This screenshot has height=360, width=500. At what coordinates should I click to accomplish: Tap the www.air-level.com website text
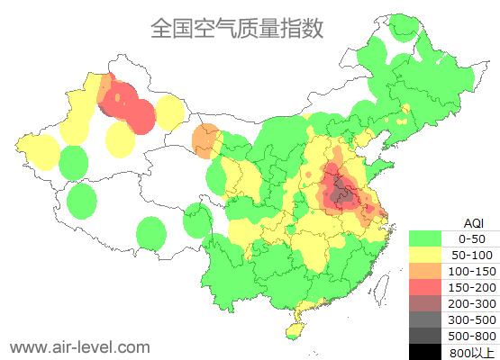click(x=79, y=346)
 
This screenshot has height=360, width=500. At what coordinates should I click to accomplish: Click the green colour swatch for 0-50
click(x=430, y=238)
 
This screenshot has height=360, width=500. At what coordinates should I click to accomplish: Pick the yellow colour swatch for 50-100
click(x=430, y=255)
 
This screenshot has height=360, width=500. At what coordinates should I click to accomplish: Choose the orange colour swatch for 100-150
click(x=430, y=271)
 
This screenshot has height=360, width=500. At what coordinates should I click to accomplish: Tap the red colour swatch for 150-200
click(x=430, y=287)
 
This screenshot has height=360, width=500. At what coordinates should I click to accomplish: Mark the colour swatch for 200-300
click(x=430, y=303)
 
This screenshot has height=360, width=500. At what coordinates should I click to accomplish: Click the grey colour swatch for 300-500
click(x=430, y=319)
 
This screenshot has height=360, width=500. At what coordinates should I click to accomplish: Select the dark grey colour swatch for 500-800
click(x=430, y=336)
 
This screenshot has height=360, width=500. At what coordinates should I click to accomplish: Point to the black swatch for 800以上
click(x=430, y=351)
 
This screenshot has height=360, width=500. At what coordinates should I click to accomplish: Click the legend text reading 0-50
click(x=472, y=238)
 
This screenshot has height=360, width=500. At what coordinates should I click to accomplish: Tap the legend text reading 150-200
click(x=472, y=287)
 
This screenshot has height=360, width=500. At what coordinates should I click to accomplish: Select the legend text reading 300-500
click(x=472, y=319)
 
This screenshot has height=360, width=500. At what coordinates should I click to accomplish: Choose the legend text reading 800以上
click(x=472, y=351)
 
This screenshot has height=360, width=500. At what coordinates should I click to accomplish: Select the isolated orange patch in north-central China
click(x=205, y=139)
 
